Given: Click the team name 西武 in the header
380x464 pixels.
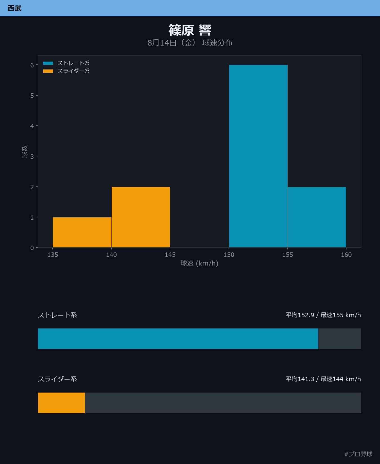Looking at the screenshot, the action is [15, 8].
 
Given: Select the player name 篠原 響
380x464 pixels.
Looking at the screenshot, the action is [190, 30].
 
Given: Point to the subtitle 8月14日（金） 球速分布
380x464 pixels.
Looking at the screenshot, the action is [190, 43].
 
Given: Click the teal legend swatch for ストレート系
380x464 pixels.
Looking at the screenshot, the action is [48, 63].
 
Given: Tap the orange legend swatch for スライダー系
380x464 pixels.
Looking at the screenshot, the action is [48, 71].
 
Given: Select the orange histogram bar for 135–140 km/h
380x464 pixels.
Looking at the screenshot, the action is [82, 232].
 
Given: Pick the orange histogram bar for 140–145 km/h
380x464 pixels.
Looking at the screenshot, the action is [141, 217].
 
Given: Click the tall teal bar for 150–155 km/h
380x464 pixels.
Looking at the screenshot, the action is [258, 156].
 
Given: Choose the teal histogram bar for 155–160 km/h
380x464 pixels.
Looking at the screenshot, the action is [317, 217].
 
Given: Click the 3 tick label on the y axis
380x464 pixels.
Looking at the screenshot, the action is [32, 156].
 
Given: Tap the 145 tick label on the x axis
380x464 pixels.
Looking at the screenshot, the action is [170, 254].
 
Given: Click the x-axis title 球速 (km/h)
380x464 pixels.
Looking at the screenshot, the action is [199, 263].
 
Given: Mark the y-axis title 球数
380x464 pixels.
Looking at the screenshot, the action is [24, 152].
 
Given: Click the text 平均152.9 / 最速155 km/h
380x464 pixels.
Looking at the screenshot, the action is [323, 315].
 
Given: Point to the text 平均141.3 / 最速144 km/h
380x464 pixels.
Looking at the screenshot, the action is [323, 379].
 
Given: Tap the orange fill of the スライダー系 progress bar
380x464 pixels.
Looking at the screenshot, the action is [61, 403].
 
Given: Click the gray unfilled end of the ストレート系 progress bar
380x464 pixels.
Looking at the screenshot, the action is [339, 339].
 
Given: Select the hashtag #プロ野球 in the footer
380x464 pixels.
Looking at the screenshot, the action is [358, 454].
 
